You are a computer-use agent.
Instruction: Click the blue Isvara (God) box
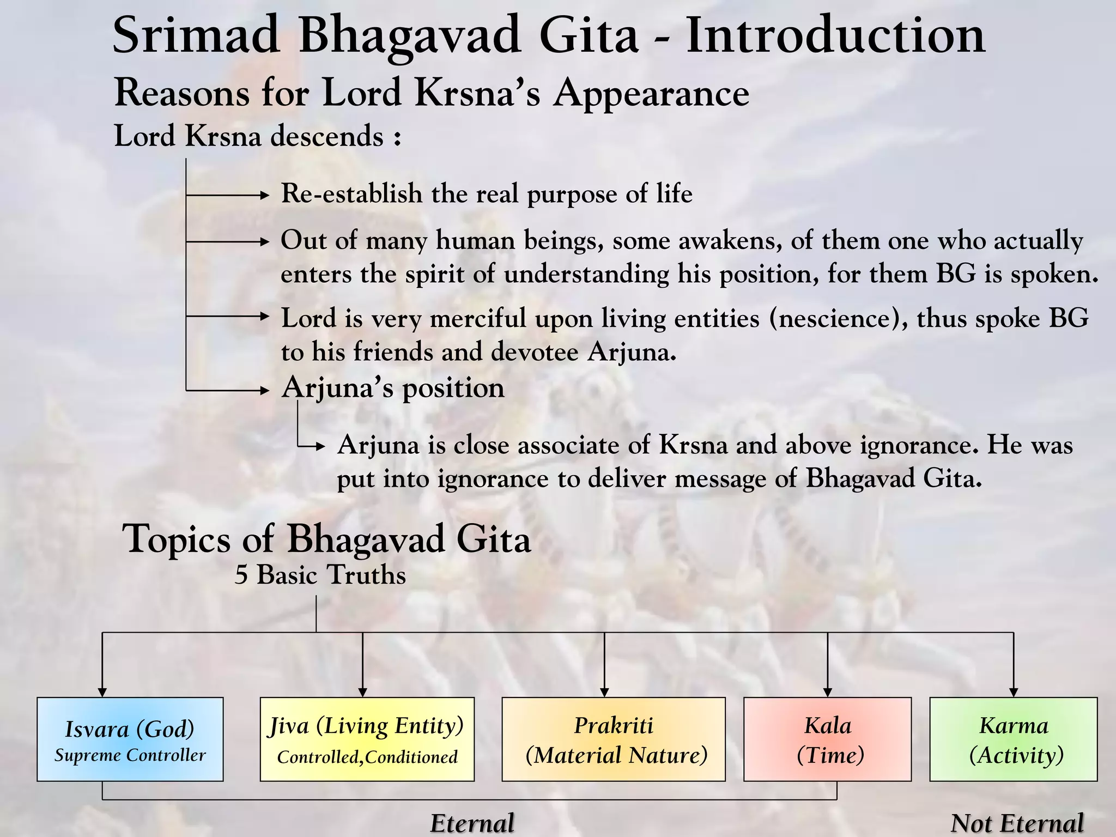(x=130, y=739)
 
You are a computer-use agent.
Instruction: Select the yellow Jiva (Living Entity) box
(x=367, y=739)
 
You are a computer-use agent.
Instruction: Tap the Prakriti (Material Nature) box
(x=614, y=739)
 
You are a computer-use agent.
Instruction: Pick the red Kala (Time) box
(x=827, y=739)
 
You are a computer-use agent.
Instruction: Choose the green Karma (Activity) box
(x=1014, y=739)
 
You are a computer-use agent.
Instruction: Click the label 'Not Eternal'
(x=1017, y=823)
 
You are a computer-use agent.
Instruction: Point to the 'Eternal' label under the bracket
(x=472, y=823)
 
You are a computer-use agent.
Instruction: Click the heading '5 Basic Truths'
(x=320, y=575)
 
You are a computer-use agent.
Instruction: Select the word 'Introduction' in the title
(x=835, y=35)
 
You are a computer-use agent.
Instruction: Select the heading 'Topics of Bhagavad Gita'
(x=326, y=538)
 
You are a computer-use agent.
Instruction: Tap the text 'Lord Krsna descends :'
(x=258, y=136)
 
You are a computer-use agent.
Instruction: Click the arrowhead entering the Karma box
(x=1014, y=693)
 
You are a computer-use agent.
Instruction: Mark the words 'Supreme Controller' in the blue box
(x=130, y=755)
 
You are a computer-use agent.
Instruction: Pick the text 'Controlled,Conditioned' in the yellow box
(x=367, y=757)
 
